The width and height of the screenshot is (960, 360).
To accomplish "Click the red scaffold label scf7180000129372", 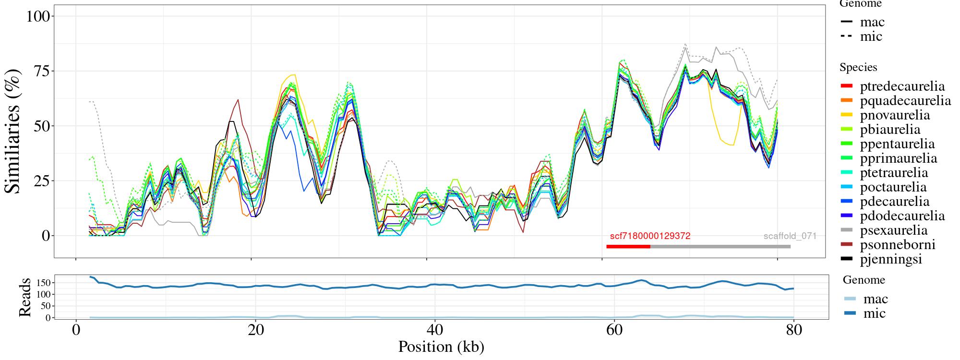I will [x=650, y=236].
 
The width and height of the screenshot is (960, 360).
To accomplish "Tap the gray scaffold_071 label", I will [x=790, y=236].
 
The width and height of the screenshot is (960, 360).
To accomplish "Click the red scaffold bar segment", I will [x=628, y=247].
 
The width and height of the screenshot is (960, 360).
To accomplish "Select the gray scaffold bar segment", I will [x=720, y=247].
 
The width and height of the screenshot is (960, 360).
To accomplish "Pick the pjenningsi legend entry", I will [x=891, y=259].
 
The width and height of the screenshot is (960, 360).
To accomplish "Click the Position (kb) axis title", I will [x=441, y=347].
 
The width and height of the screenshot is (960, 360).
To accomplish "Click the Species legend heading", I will [x=858, y=68].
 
